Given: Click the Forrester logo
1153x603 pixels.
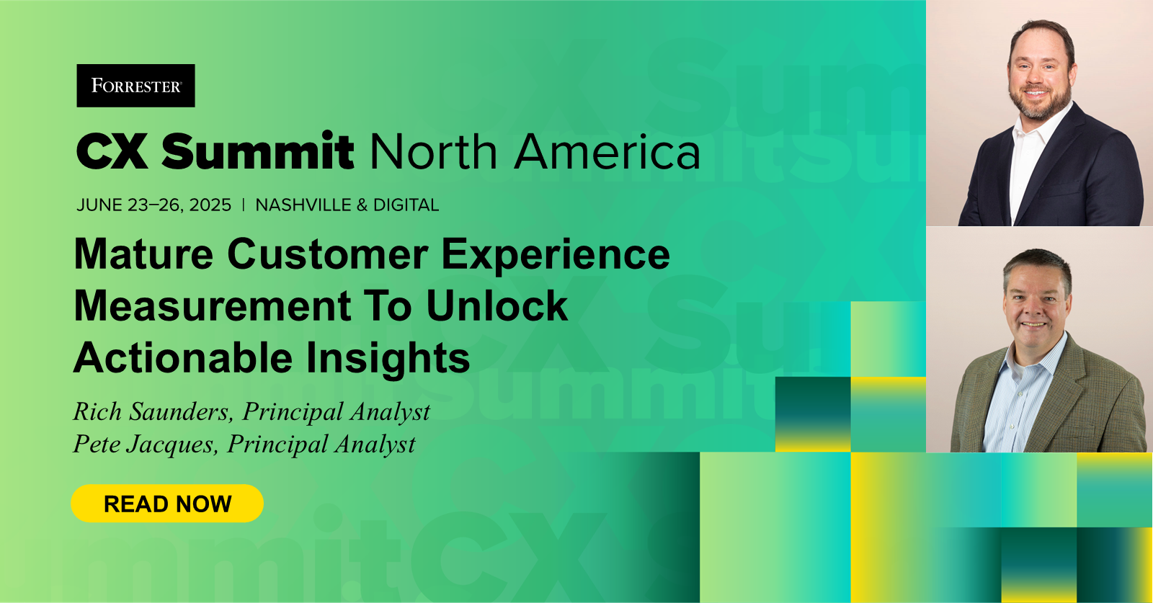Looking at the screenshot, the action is pos(136,86).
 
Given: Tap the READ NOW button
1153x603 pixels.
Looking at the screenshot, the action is pos(167,503).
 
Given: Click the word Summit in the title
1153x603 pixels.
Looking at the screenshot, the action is pos(257,151).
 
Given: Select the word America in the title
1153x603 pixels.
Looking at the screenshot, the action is pos(607,151).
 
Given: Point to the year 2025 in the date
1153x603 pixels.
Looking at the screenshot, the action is pos(210,205).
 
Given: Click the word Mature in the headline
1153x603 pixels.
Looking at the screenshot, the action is pos(143,254).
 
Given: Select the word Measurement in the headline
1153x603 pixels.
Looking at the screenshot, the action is pos(213,306).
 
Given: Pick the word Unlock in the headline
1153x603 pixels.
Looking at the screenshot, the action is pos(497,306).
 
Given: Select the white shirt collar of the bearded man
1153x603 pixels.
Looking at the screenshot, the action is pos(1035,129).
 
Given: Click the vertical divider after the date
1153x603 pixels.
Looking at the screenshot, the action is pos(244,205).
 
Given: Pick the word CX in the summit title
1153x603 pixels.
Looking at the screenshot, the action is pos(112,151).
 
